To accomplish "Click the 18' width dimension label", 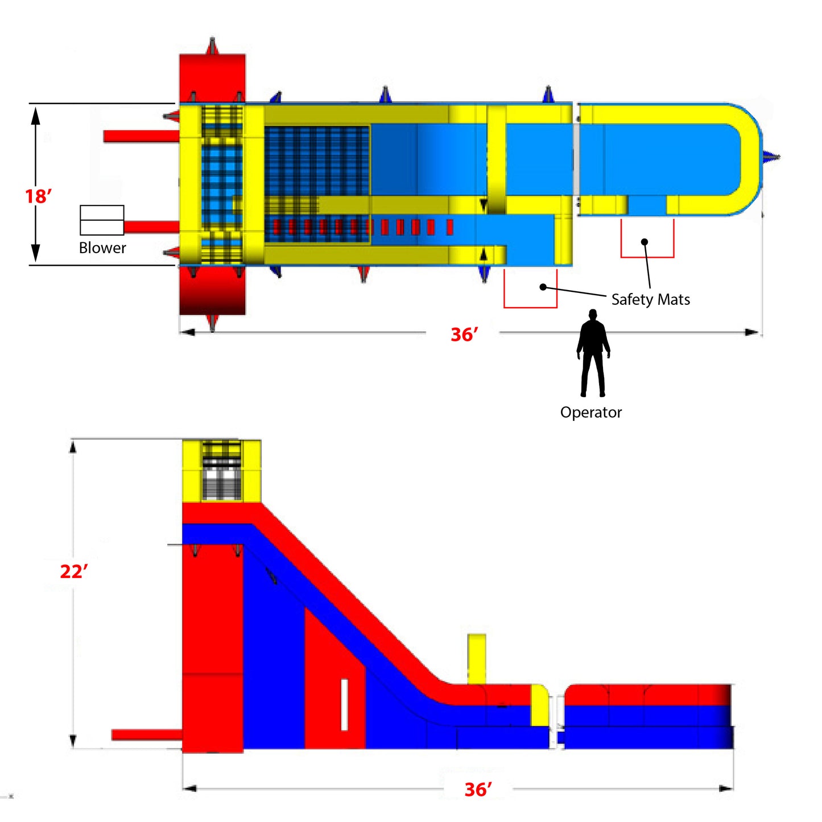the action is [x=38, y=196].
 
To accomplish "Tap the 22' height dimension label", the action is [x=74, y=571].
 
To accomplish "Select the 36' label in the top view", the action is [x=464, y=334].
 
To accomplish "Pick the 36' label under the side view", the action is [x=478, y=790].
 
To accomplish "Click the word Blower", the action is [x=102, y=248].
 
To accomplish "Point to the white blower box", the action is [x=102, y=220].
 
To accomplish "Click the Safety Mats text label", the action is [x=651, y=299].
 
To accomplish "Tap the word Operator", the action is [x=591, y=412].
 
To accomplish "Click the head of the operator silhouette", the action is [x=593, y=315].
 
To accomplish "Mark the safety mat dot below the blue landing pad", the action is [x=645, y=242].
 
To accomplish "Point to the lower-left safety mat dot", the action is [x=543, y=287].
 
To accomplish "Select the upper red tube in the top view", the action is [x=141, y=136].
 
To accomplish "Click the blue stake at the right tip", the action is [x=771, y=157].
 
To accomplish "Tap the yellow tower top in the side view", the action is [x=221, y=470].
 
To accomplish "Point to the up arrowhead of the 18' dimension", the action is [x=36, y=116].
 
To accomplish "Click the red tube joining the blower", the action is [x=151, y=227].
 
